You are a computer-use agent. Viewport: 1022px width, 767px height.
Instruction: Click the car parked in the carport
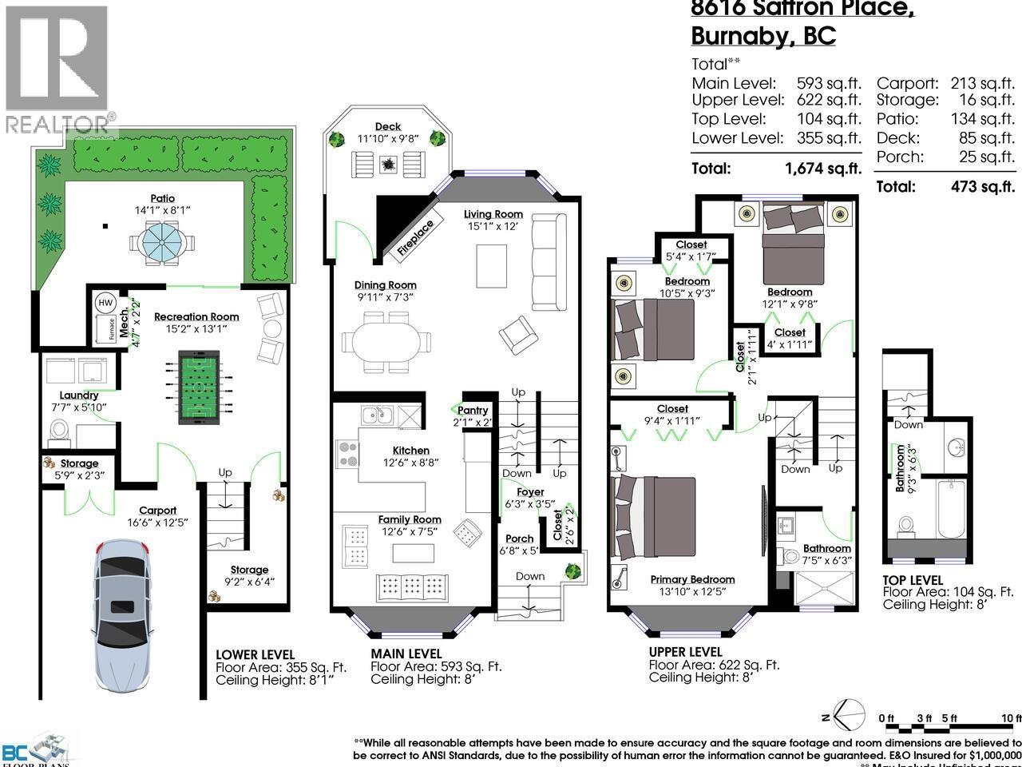coord(122,607)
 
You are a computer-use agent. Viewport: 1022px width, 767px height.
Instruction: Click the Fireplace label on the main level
coord(415,238)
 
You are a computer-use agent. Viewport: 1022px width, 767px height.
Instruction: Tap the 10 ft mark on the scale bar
coord(1011,718)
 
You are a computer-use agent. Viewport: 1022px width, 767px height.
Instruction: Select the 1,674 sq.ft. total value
coord(823,169)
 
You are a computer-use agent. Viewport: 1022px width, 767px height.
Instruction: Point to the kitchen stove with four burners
coord(348,453)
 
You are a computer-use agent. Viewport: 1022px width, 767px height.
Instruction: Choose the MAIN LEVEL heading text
coord(406,654)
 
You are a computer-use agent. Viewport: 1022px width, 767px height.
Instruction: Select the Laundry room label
coord(79,395)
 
